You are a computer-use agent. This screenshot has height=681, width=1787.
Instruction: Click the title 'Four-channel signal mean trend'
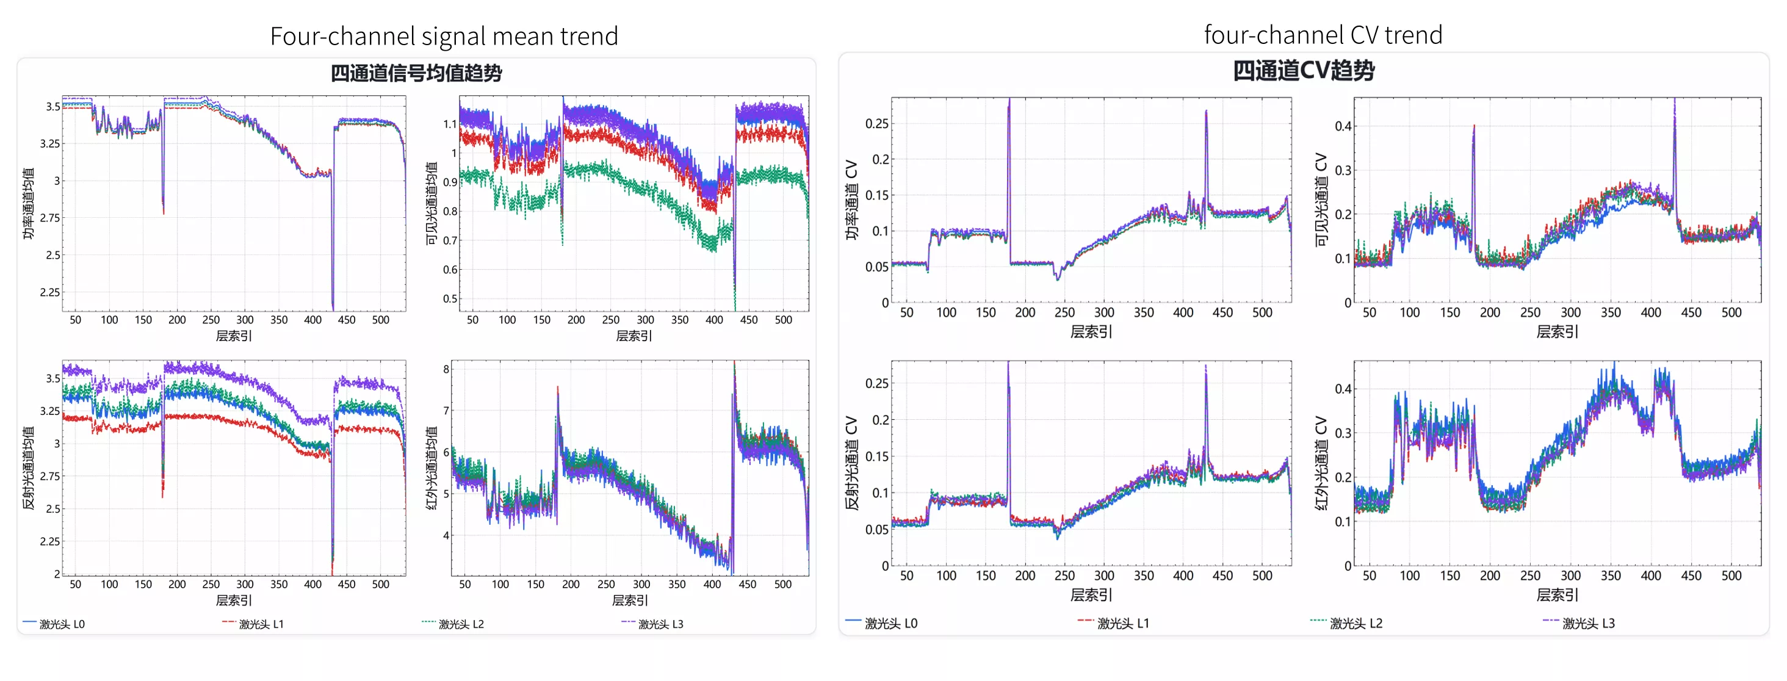[x=444, y=35]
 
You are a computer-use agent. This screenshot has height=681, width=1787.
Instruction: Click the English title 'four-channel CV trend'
[x=1323, y=35]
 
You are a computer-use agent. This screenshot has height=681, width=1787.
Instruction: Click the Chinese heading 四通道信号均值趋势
[x=416, y=73]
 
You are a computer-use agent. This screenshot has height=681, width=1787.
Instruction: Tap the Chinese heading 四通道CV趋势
[x=1304, y=70]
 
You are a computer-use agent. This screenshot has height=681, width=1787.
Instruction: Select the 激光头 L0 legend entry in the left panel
[x=54, y=624]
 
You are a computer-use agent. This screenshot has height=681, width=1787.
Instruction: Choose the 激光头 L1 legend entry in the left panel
[x=253, y=624]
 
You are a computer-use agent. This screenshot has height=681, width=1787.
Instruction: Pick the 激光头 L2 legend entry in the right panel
[x=1346, y=624]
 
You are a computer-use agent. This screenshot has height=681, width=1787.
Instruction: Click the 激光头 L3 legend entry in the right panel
[x=1579, y=624]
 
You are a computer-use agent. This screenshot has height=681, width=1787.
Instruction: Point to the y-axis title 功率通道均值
[x=29, y=204]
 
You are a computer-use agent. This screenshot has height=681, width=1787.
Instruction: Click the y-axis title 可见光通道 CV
[x=1321, y=200]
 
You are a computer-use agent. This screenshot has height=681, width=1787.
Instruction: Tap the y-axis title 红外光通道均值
[x=431, y=468]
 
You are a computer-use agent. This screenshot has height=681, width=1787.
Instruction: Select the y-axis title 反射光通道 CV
[x=852, y=463]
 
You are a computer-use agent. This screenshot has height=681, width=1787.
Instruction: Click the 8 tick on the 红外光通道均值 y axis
[x=447, y=370]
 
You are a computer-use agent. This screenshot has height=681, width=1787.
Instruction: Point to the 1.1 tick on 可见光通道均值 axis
[x=450, y=124]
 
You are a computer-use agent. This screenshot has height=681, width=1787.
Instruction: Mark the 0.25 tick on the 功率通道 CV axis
[x=877, y=123]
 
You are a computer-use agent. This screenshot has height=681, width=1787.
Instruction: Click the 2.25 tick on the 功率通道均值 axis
[x=49, y=292]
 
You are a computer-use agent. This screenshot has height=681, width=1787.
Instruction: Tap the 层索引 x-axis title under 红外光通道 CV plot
[x=1557, y=595]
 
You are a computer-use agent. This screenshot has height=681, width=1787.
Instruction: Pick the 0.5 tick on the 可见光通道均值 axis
[x=450, y=299]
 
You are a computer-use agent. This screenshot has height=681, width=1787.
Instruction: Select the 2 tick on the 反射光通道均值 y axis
[x=57, y=574]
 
